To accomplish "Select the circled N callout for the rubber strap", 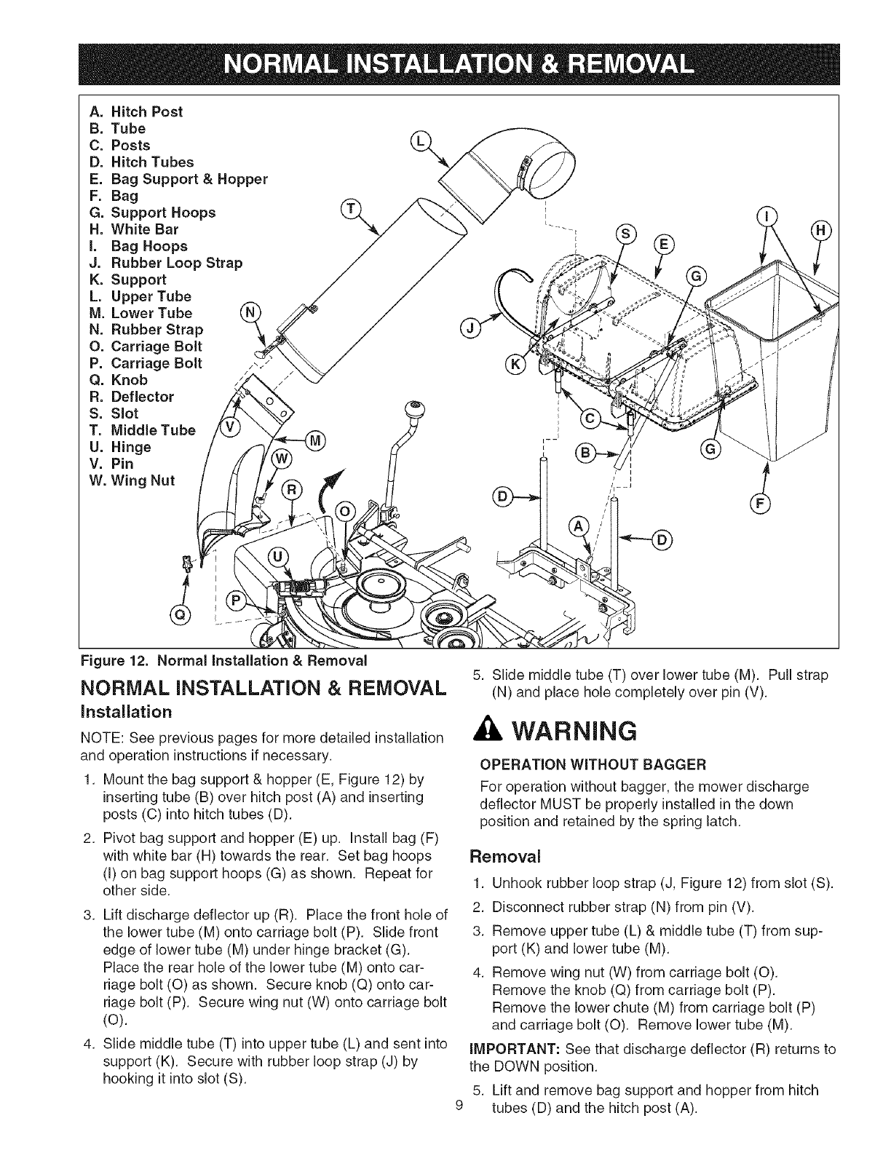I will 250,313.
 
